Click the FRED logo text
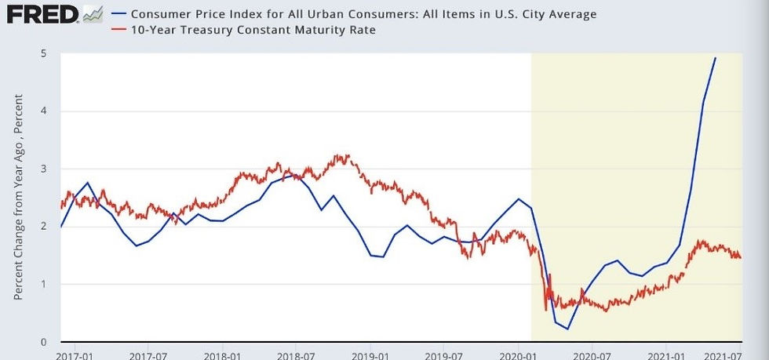[40, 14]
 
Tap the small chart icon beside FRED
[92, 14]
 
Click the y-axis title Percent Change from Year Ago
[17, 196]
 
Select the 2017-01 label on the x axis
[75, 355]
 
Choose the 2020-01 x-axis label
[518, 355]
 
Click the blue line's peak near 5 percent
[715, 57]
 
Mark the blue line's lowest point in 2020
[567, 329]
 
